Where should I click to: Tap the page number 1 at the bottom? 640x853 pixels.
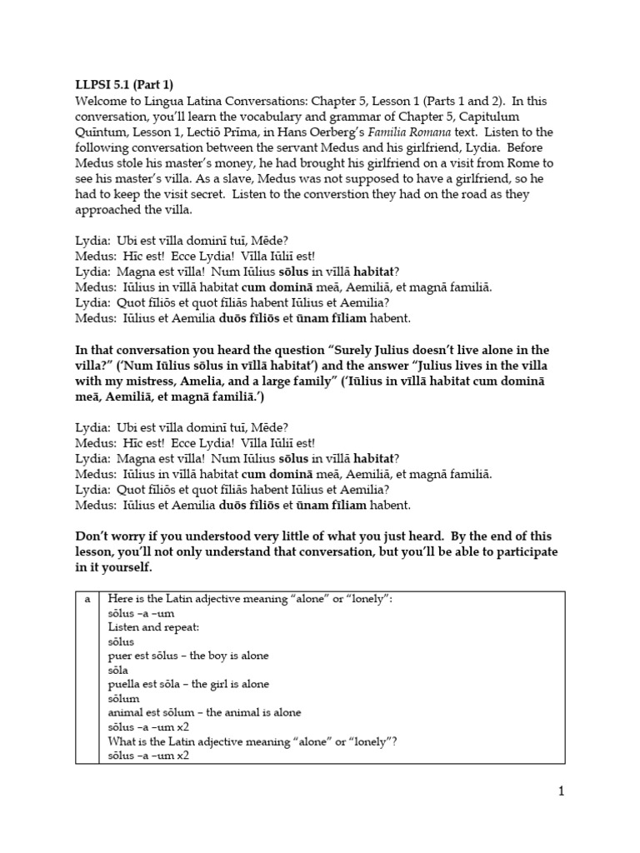(x=562, y=791)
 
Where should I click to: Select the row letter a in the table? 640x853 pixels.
(x=87, y=599)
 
